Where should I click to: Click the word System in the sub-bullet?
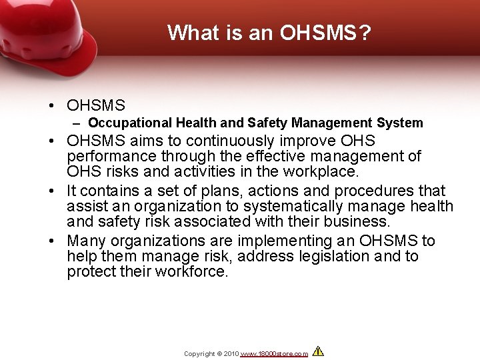click(399, 123)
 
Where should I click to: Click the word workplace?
click(321, 172)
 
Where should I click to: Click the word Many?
click(87, 241)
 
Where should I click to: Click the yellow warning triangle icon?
click(318, 351)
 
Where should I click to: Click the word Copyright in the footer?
click(199, 353)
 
